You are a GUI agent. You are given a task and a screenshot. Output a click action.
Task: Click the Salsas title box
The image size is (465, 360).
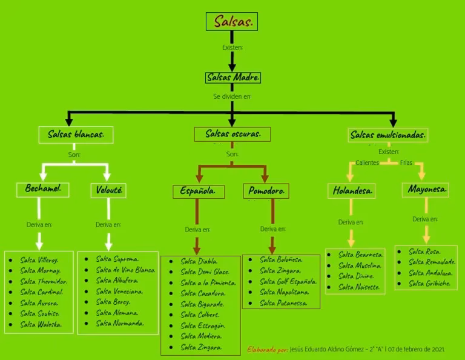point(232,22)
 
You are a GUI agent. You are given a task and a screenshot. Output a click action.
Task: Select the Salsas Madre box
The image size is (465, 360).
point(233,78)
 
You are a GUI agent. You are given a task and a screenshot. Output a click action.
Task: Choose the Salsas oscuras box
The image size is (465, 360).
point(233,134)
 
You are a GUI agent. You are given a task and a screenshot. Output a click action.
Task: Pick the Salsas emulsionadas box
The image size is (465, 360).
point(388,135)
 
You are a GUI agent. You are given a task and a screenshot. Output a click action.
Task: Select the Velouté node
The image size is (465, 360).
point(109,190)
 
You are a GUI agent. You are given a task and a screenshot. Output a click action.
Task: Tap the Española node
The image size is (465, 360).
point(198,192)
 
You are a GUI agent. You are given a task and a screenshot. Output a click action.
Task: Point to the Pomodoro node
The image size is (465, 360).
point(266,192)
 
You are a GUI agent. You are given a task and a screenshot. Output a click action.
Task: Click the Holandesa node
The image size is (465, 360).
point(353,191)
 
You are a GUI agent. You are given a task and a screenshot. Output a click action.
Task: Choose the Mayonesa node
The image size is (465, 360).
point(427,190)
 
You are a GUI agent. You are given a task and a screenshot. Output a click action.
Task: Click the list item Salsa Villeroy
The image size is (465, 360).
point(39,260)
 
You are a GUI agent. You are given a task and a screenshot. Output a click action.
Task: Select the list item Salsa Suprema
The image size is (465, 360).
point(117,259)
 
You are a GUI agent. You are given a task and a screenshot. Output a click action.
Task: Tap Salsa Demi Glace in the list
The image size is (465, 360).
point(205,272)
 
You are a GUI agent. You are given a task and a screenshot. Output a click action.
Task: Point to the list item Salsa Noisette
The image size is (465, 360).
point(360,287)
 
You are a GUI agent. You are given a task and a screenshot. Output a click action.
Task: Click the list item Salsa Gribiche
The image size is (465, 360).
point(429,284)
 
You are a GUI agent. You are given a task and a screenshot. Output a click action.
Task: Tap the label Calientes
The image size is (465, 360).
point(367,163)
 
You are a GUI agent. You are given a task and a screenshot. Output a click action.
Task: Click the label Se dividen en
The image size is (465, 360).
point(232,96)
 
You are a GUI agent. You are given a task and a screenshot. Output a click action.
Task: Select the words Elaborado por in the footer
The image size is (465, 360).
point(267,350)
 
